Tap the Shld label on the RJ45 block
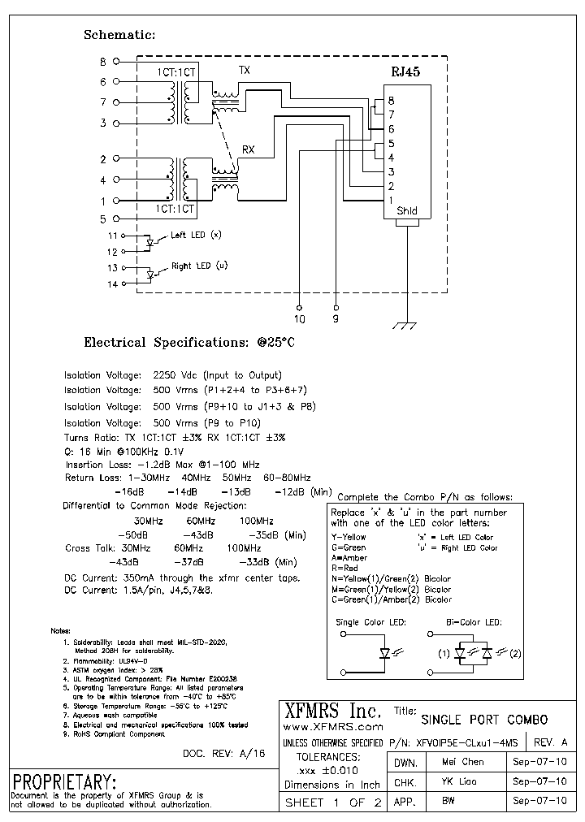click(x=407, y=211)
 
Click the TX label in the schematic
click(x=244, y=71)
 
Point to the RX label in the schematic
click(x=249, y=150)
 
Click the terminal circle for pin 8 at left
click(x=115, y=61)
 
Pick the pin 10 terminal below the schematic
click(x=300, y=308)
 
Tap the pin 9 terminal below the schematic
click(x=336, y=308)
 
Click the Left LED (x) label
click(x=195, y=236)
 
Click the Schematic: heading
click(x=119, y=35)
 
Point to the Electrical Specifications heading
click(x=189, y=343)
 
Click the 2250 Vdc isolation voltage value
click(x=175, y=375)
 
